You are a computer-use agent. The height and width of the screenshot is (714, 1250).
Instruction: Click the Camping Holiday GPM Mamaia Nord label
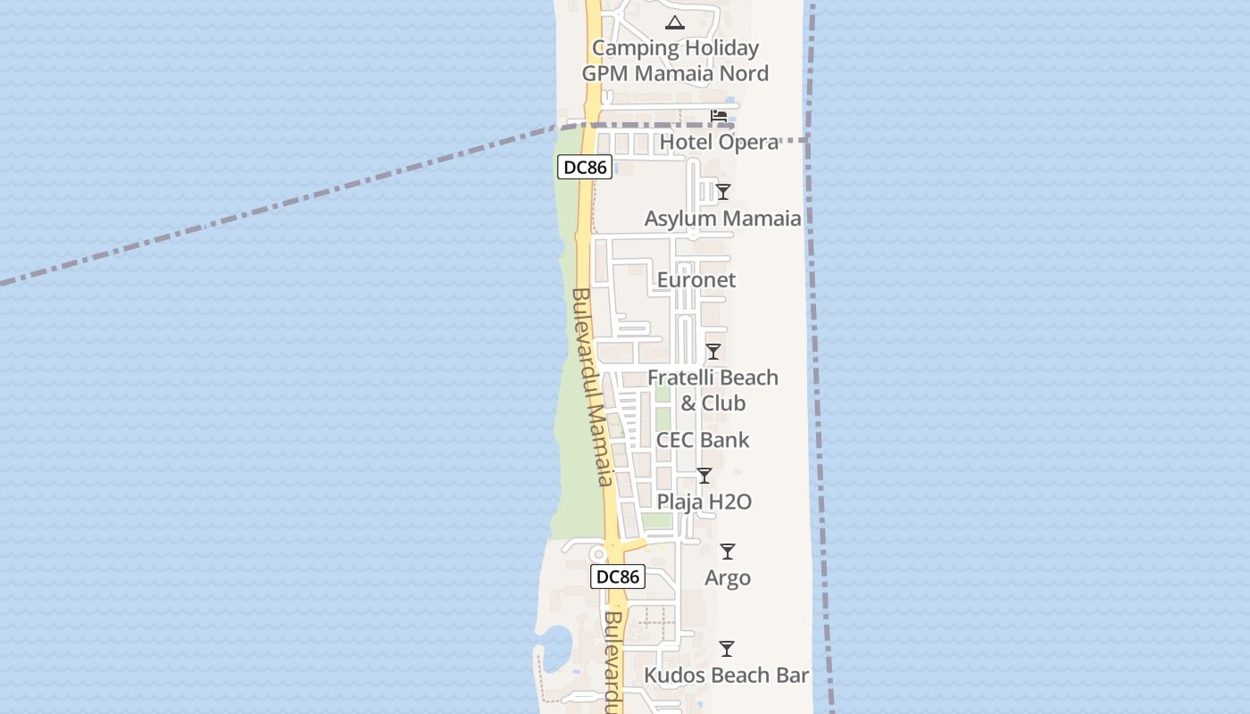pyautogui.click(x=675, y=61)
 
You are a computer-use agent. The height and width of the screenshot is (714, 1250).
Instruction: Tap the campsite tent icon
pyautogui.click(x=675, y=22)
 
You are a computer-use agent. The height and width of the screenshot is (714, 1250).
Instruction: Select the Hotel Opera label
pyautogui.click(x=719, y=142)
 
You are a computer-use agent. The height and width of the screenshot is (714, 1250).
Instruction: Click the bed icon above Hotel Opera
pyautogui.click(x=718, y=116)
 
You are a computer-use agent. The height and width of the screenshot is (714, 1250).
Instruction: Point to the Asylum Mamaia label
pyautogui.click(x=722, y=219)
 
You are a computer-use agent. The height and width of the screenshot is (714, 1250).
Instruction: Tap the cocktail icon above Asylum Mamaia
pyautogui.click(x=723, y=192)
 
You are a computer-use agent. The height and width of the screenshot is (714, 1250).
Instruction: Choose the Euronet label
pyautogui.click(x=696, y=280)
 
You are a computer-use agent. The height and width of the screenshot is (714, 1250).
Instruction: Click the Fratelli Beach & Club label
pyautogui.click(x=712, y=390)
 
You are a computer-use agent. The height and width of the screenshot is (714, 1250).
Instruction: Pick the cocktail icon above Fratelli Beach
pyautogui.click(x=713, y=352)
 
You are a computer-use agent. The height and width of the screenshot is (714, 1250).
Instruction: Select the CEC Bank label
pyautogui.click(x=703, y=440)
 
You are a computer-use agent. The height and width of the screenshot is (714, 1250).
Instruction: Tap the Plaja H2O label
pyautogui.click(x=704, y=502)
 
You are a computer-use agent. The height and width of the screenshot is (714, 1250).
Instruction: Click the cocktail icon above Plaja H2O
pyautogui.click(x=704, y=476)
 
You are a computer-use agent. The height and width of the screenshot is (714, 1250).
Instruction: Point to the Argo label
pyautogui.click(x=728, y=577)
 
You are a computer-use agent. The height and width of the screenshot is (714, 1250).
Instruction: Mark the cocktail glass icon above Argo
pyautogui.click(x=728, y=552)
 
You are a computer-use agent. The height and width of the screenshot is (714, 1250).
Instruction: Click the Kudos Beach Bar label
pyautogui.click(x=727, y=676)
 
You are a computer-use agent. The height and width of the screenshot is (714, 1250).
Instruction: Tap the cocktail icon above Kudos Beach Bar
pyautogui.click(x=727, y=649)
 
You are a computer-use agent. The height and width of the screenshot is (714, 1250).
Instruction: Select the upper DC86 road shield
pyautogui.click(x=585, y=167)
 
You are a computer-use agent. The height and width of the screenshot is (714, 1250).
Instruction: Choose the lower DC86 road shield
pyautogui.click(x=618, y=577)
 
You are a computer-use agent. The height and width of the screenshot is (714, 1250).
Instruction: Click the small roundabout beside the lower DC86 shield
pyautogui.click(x=597, y=554)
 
